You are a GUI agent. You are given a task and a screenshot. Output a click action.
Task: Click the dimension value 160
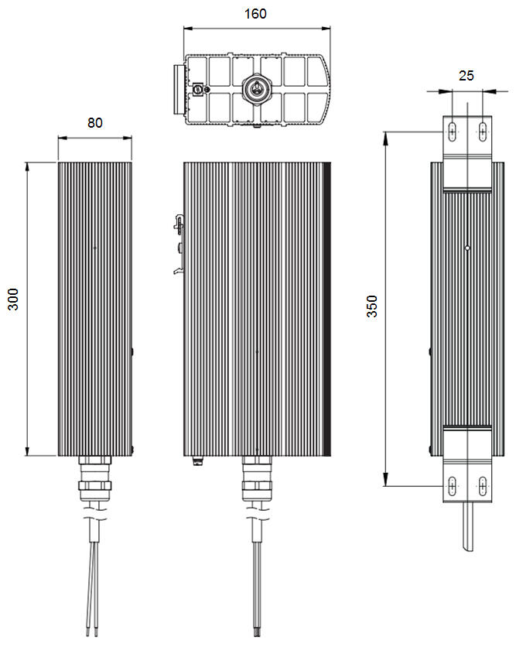click(255, 14)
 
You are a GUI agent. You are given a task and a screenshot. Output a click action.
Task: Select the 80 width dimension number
click(94, 122)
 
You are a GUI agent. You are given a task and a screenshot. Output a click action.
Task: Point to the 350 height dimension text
click(371, 307)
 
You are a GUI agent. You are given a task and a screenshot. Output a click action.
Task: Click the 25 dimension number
click(466, 75)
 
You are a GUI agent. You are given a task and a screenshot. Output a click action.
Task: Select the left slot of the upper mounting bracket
click(452, 132)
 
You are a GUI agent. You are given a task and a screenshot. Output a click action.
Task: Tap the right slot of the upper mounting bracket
click(483, 132)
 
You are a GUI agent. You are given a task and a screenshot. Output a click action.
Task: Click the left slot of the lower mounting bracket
click(452, 487)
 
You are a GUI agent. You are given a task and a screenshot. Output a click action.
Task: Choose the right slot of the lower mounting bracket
click(483, 487)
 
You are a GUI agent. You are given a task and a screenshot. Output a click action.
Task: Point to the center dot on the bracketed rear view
click(467, 248)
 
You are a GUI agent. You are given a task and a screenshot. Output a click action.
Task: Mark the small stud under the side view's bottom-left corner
click(197, 461)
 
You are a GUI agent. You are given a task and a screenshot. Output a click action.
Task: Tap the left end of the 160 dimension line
click(184, 29)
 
